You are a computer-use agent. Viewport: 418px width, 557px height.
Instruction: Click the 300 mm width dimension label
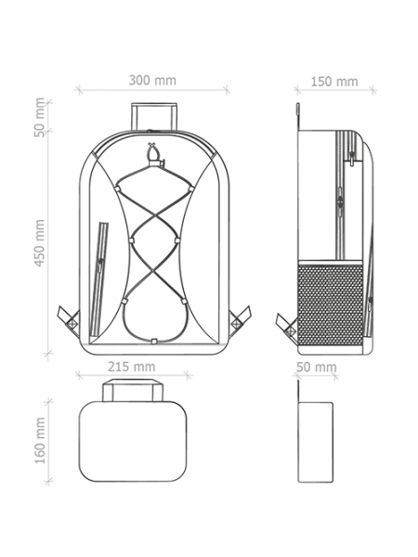tap(152, 80)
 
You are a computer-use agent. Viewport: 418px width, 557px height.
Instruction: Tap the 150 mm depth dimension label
tap(334, 82)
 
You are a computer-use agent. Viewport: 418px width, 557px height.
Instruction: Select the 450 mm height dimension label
tap(40, 242)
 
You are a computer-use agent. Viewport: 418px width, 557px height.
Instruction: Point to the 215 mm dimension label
tap(132, 367)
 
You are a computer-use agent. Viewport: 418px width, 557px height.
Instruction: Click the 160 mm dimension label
tap(40, 440)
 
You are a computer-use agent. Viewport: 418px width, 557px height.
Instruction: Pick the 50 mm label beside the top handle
tap(40, 117)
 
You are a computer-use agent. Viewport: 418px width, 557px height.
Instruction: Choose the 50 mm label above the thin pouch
tap(316, 367)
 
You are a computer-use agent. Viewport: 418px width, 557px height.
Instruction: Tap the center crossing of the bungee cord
tap(154, 215)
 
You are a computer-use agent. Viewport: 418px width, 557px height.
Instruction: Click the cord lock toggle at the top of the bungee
tap(154, 162)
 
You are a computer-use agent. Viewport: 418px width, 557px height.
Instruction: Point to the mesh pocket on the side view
tap(331, 303)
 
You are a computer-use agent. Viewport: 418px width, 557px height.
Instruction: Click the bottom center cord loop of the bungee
tap(154, 341)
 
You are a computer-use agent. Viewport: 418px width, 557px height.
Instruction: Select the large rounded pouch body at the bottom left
tap(133, 442)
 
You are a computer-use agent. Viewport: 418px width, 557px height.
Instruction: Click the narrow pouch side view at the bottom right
tap(315, 442)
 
